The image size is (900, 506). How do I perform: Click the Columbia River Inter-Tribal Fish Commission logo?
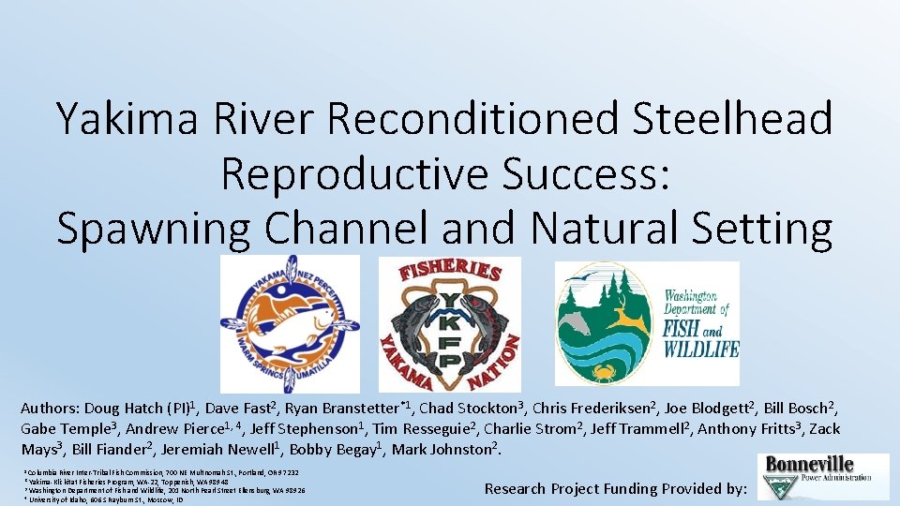pos(290,323)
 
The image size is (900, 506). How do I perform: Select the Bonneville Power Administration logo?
pos(823,476)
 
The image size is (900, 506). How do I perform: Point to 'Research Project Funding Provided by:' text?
pos(616,488)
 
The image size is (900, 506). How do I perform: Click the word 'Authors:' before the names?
pos(50,409)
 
